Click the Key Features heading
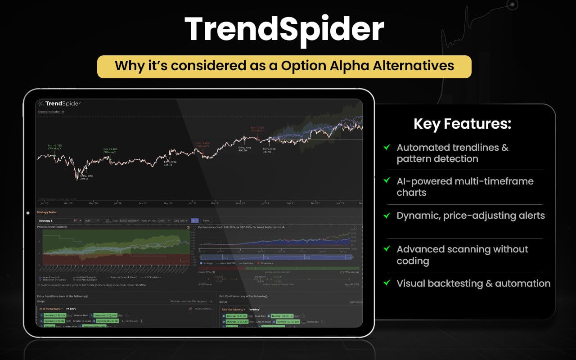point(462,124)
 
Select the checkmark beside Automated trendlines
point(386,147)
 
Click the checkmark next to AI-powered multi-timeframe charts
point(386,180)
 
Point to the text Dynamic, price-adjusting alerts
point(470,216)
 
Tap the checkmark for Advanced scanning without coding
point(386,248)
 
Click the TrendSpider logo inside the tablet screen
point(59,103)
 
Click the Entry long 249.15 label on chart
point(85,177)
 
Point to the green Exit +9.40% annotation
point(110,151)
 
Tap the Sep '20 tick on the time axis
point(143,203)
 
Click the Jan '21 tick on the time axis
point(192,203)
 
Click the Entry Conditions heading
point(62,296)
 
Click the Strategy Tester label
point(47,212)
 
